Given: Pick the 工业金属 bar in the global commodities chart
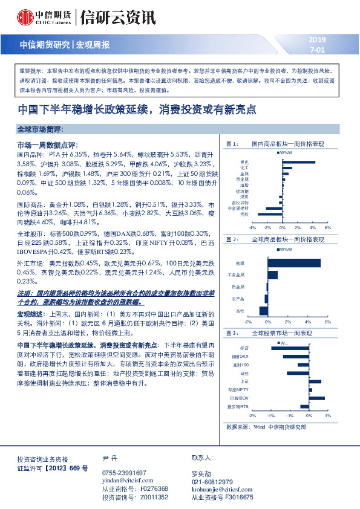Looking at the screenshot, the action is (272, 275).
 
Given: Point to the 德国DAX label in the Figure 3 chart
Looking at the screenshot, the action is (240, 357).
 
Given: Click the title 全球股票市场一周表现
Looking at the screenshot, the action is (281, 333).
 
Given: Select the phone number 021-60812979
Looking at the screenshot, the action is (212, 481).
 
